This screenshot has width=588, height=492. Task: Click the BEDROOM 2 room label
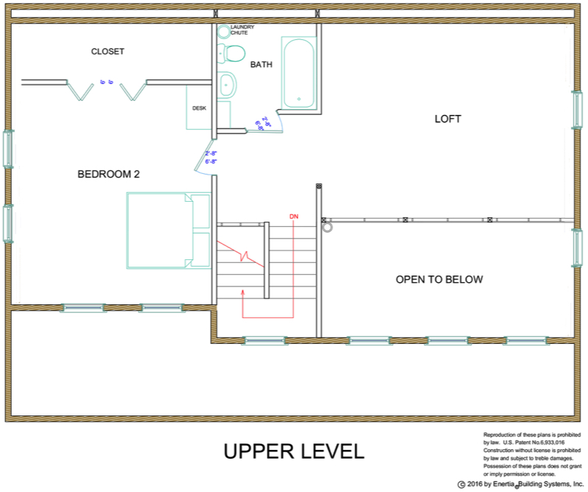click(108, 175)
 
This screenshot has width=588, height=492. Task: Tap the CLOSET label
click(108, 52)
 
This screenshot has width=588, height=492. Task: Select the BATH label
click(261, 65)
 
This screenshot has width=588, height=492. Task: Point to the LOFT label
click(447, 119)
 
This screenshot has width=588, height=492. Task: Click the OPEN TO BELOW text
click(439, 279)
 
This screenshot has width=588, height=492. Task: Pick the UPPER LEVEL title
click(294, 450)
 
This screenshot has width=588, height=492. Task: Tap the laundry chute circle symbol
click(223, 32)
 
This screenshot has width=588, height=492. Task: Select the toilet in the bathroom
click(233, 53)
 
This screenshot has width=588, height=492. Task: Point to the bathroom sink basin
click(227, 84)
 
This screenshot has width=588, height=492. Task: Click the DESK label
click(199, 108)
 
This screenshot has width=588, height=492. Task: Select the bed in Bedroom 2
click(169, 231)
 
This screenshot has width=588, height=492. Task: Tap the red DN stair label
click(293, 216)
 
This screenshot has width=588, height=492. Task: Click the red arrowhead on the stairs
click(242, 292)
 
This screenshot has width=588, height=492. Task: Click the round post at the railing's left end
click(327, 228)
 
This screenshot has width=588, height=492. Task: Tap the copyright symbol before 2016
click(461, 485)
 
